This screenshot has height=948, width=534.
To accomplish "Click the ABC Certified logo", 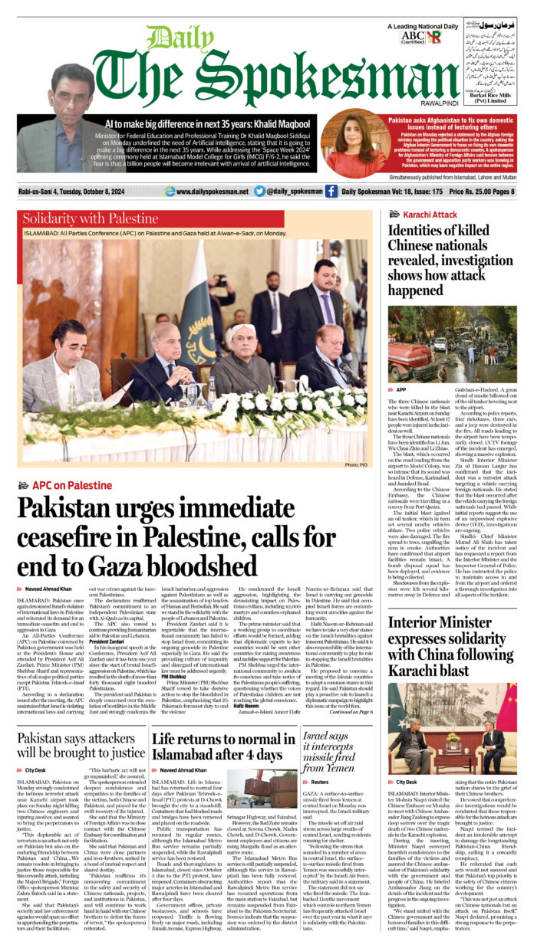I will click(412, 36).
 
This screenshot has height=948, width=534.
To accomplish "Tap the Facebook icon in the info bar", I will click(331, 192).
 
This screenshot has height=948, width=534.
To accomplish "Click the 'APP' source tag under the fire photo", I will click(402, 390).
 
